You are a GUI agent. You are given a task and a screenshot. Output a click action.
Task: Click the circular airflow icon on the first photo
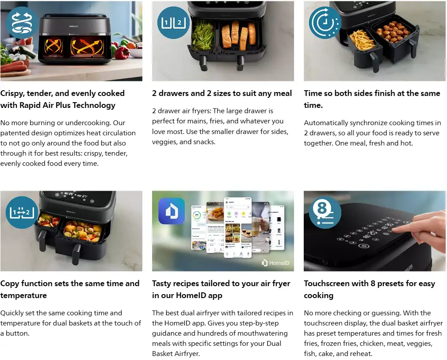pos(22,23)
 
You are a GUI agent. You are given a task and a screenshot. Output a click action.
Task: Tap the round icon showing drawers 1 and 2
pos(173,23)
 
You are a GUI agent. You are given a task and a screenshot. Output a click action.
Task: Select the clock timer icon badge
pos(325,23)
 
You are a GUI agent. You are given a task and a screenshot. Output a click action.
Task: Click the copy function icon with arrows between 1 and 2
pos(22,213)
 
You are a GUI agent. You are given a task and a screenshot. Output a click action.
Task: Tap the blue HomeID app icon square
pos(172,211)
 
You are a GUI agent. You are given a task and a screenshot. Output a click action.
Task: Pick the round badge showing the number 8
pos(325,213)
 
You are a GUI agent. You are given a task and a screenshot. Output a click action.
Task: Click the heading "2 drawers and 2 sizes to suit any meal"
pos(222,93)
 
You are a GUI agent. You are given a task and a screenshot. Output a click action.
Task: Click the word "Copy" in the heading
pos(10,284)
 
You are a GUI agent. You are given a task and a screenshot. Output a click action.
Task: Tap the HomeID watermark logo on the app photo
pos(275,263)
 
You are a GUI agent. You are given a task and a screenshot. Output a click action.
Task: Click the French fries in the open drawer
pos(362,39)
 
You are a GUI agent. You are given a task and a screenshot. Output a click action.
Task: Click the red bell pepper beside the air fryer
pos(122,53)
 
